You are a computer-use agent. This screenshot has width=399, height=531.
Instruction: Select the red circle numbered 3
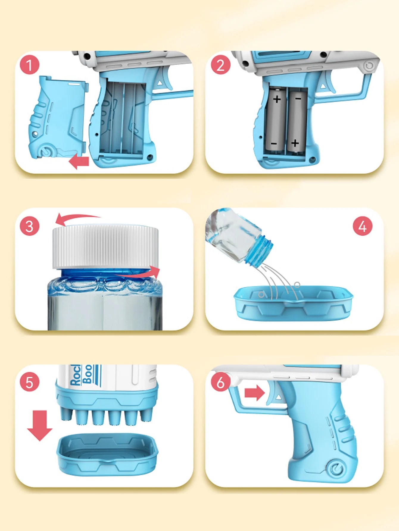[29, 226]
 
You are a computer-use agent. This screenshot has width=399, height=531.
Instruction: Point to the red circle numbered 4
[362, 226]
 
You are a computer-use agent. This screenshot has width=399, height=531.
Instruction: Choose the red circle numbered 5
[29, 382]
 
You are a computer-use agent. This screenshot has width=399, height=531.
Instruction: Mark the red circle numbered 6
[220, 382]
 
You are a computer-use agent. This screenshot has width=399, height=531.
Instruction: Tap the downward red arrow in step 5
[40, 425]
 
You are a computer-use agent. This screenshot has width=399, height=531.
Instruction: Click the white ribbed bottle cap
[105, 246]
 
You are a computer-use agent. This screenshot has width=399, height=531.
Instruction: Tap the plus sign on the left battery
[277, 99]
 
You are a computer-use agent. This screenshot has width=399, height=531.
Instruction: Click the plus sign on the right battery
[295, 143]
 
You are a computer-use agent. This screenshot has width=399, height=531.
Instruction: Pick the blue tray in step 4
[293, 303]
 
